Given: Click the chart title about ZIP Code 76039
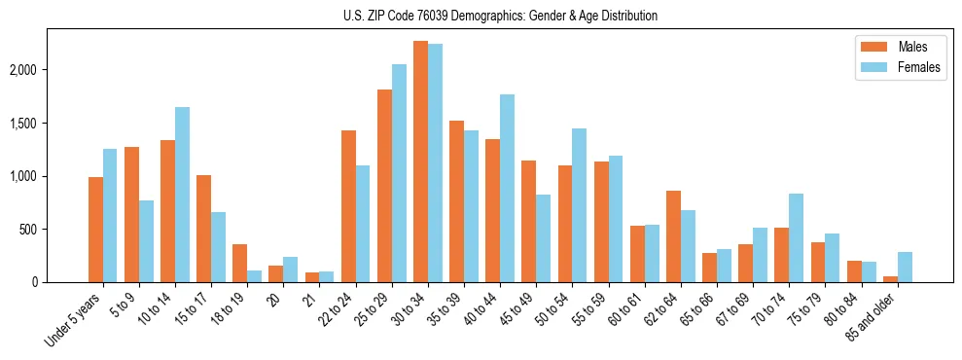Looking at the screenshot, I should coord(500,16).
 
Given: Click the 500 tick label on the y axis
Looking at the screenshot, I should coord(53,230).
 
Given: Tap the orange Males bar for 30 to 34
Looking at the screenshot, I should coord(420,162).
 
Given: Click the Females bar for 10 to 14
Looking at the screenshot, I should coord(182,195).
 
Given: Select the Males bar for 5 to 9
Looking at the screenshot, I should coord(131,214).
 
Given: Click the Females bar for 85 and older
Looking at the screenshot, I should coord(905,268).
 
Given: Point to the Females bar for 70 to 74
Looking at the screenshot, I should coord(796,238).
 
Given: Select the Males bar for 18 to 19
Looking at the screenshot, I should coord(239,264).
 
